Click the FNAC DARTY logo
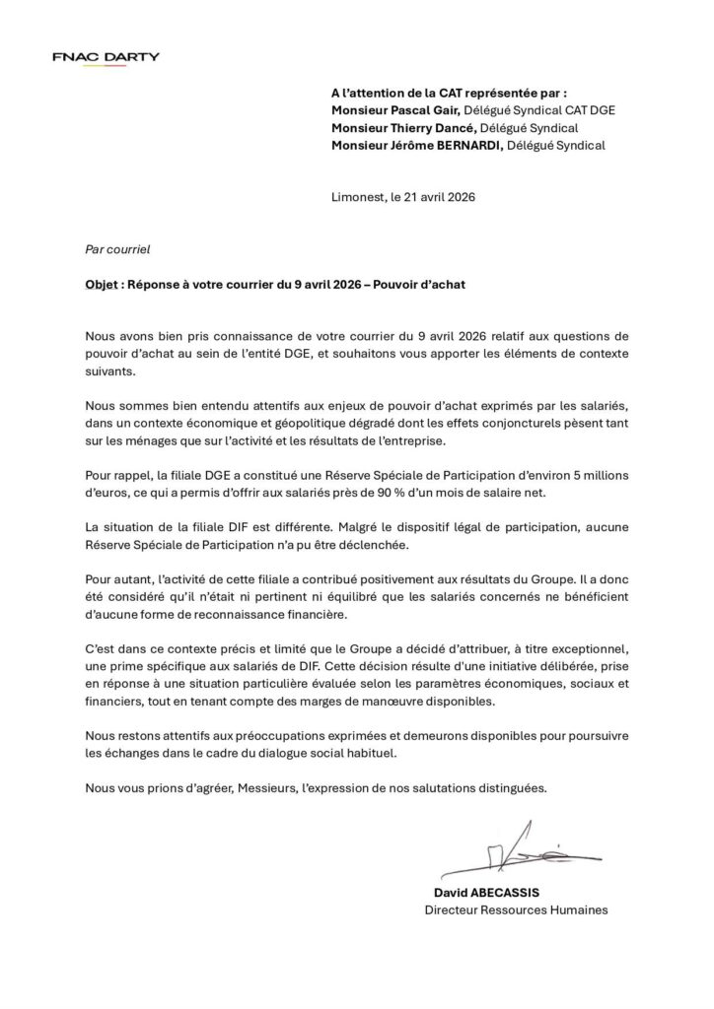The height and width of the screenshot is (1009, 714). point(106,57)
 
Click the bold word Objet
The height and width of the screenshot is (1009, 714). point(102,285)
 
